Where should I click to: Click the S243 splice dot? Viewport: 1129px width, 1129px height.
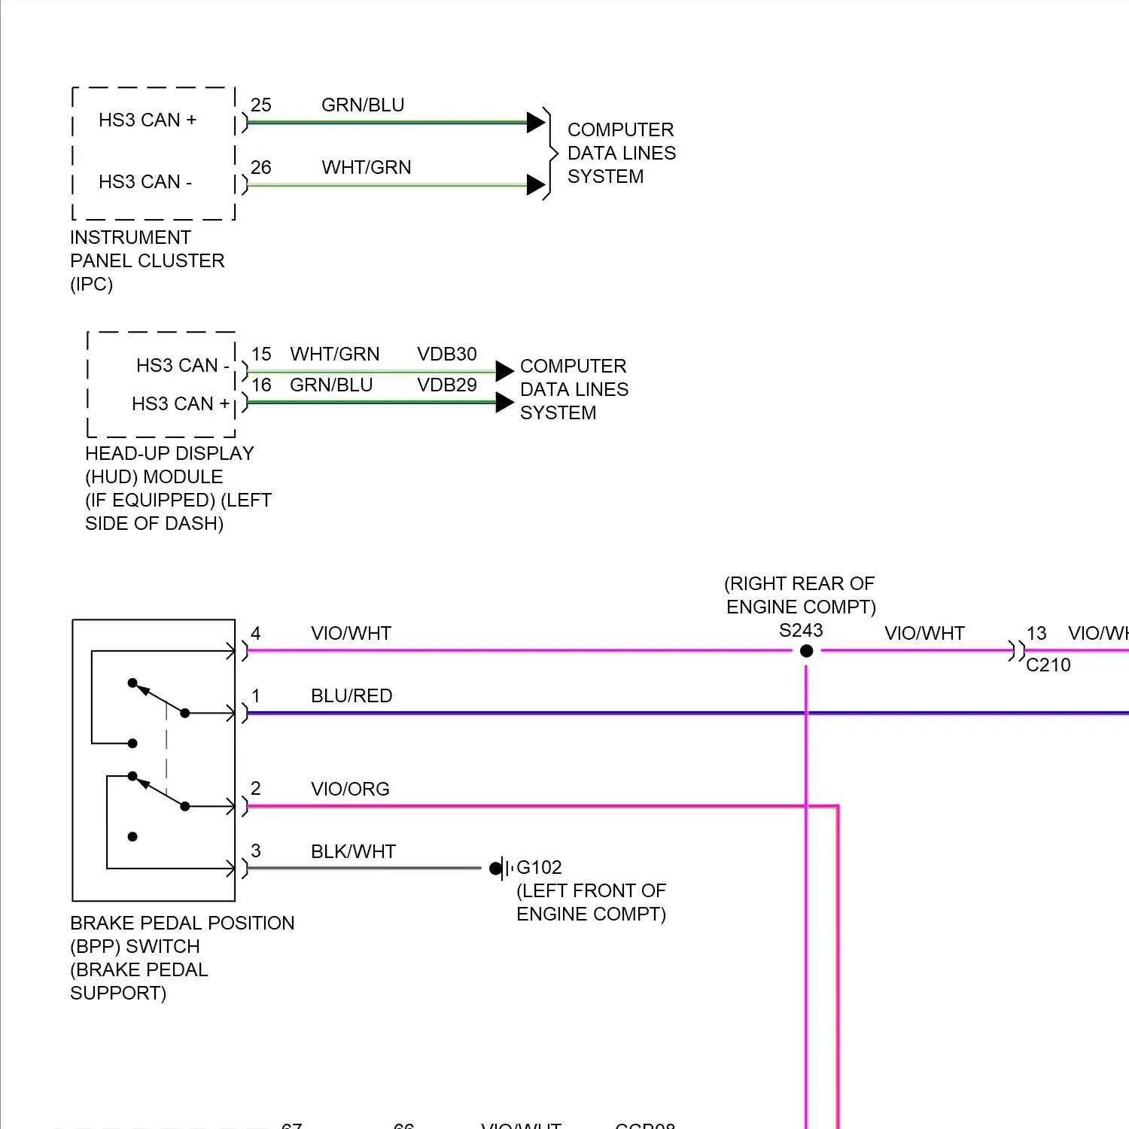pos(806,651)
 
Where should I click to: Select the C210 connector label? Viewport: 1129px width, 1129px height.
pos(1048,665)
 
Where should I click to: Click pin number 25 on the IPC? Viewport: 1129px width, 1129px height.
pos(261,105)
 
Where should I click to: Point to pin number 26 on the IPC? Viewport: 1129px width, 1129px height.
pos(261,168)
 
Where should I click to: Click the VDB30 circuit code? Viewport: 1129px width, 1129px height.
pos(447,355)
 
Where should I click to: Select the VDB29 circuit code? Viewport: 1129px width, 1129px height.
pos(447,385)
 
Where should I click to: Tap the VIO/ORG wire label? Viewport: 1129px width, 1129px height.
pos(350,790)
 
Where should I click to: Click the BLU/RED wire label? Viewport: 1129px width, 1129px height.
pos(351,696)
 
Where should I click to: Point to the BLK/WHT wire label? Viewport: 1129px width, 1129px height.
pos(353,852)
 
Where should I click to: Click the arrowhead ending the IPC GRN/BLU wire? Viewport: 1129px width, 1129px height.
pos(536,122)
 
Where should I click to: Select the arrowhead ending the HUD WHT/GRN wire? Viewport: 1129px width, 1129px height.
pos(505,371)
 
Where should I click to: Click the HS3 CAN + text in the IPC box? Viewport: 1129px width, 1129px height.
pos(148,120)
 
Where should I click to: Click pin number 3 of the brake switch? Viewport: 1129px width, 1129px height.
pos(256,851)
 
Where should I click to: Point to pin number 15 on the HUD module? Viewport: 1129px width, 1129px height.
pos(261,355)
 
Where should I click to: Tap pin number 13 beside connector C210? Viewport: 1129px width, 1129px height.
pos(1036,634)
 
